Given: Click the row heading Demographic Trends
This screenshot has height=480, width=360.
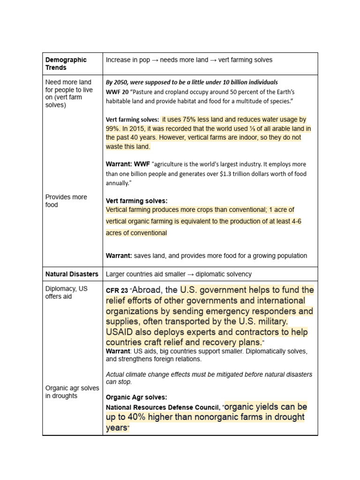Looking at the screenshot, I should click(66, 64).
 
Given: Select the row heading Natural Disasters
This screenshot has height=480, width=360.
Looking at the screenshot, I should click(72, 274).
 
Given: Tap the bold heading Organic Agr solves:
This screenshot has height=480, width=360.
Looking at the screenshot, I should click(136, 397).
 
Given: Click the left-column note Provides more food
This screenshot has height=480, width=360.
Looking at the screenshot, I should click(66, 201).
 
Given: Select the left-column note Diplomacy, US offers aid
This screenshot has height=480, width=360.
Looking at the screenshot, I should click(66, 292).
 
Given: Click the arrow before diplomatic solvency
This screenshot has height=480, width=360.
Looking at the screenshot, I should click(191, 274).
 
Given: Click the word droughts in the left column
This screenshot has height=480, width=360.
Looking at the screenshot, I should click(66, 396).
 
